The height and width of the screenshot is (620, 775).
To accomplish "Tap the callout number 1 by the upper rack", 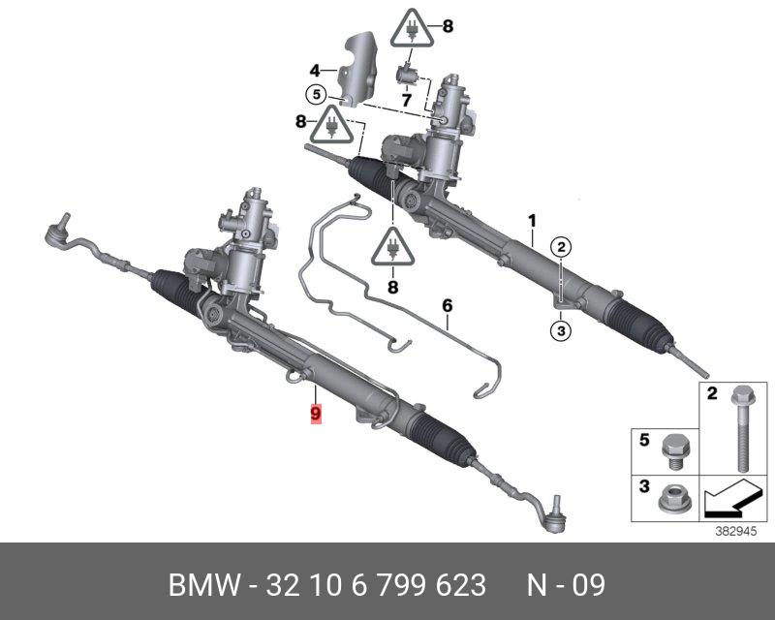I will click(x=532, y=221).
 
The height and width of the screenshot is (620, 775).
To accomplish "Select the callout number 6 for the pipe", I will click(x=448, y=306).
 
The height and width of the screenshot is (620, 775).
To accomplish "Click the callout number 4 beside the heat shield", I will click(x=315, y=70).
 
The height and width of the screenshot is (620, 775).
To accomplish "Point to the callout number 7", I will click(x=408, y=99).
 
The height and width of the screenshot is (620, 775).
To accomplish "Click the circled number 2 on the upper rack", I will click(x=561, y=247).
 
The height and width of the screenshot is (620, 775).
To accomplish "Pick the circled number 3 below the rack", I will click(x=561, y=330).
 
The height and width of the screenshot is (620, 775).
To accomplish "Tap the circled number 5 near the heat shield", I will click(x=315, y=95).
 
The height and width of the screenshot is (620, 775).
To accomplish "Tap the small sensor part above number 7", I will click(x=407, y=73).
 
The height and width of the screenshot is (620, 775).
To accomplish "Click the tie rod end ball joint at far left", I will click(x=55, y=227).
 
